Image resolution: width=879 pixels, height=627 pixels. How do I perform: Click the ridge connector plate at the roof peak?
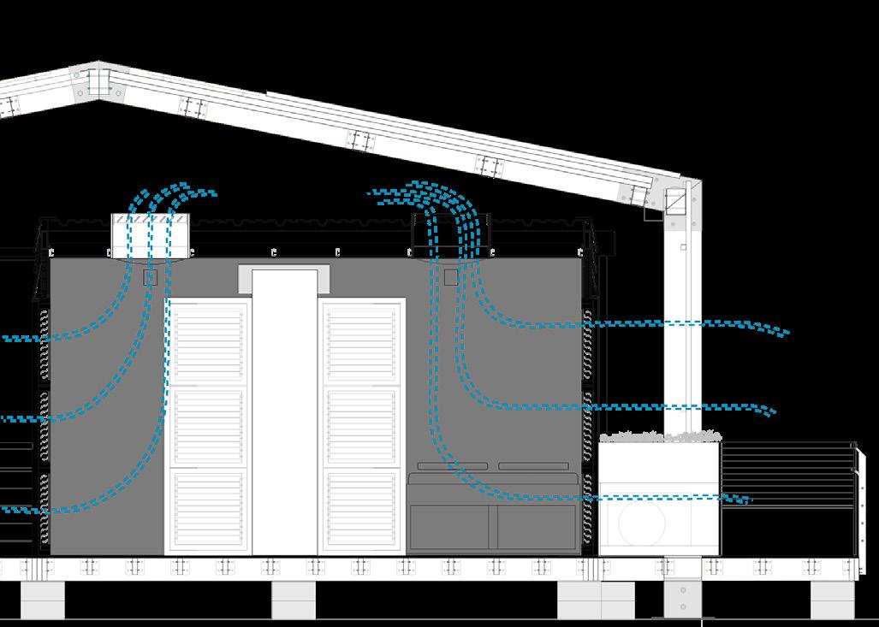click(x=97, y=81)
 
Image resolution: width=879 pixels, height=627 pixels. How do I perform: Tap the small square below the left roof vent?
click(x=151, y=277)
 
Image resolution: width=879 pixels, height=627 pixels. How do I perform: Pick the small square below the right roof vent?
click(x=451, y=277)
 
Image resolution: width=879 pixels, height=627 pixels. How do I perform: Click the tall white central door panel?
click(x=286, y=411)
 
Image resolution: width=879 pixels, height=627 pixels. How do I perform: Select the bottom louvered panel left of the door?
click(x=209, y=508)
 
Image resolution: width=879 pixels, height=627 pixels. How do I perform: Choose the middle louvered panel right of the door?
click(x=362, y=425)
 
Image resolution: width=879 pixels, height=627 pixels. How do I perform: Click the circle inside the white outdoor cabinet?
click(x=641, y=522)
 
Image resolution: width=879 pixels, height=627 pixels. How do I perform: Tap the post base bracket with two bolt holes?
click(x=683, y=598)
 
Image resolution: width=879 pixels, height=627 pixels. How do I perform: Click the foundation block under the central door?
click(x=294, y=600)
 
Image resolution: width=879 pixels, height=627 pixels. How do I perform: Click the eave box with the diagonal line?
click(x=675, y=203)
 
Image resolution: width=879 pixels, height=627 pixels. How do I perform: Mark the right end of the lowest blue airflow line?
click(x=750, y=500)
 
